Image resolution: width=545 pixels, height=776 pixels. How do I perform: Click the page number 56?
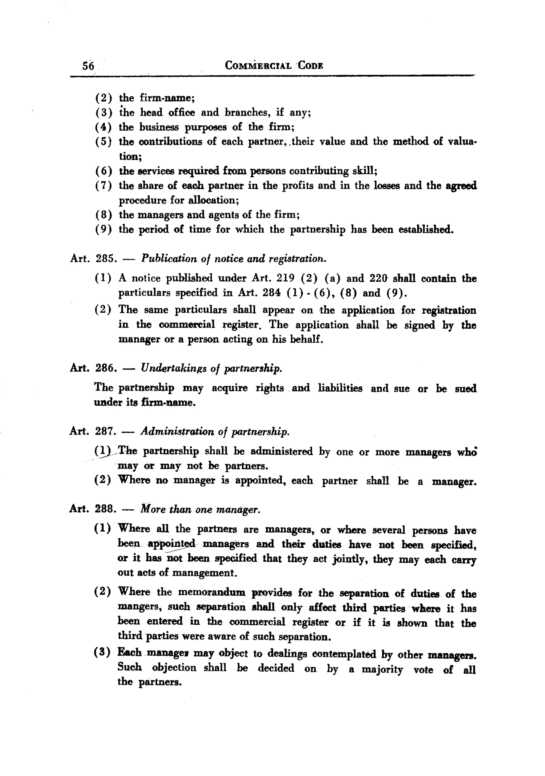[x=88, y=65]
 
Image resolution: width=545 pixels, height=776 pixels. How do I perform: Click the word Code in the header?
[x=310, y=65]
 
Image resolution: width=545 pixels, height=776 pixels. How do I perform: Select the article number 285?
[x=105, y=259]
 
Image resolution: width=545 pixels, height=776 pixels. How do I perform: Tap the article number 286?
[x=105, y=368]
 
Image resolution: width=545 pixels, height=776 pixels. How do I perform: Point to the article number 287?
[x=105, y=432]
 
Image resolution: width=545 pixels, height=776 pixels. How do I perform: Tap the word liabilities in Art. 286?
[x=340, y=388]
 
